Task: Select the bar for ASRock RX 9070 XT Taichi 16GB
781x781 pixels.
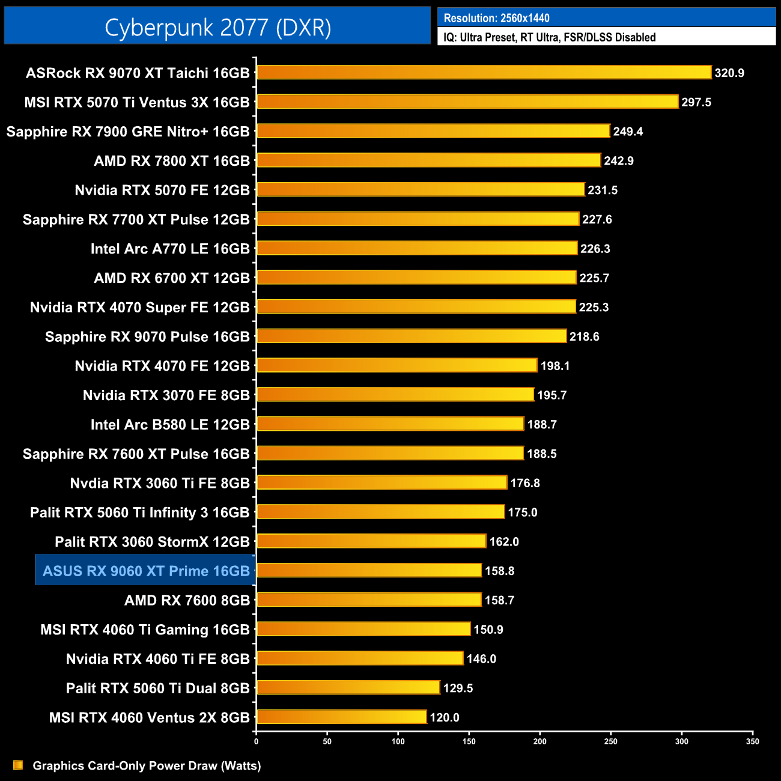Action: pos(484,73)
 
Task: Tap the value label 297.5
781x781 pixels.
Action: pos(696,102)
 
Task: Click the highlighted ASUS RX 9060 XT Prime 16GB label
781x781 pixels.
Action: pos(146,571)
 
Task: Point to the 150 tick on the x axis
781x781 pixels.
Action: pos(469,741)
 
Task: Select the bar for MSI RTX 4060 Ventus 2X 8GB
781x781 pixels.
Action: pos(341,717)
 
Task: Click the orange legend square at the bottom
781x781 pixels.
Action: pos(18,765)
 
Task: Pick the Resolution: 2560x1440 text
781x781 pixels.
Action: pos(496,18)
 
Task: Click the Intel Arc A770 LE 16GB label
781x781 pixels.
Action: pos(170,249)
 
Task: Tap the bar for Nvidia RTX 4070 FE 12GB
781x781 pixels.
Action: pos(397,365)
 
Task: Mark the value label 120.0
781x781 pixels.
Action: pos(445,717)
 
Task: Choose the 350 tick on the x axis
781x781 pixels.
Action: pos(752,741)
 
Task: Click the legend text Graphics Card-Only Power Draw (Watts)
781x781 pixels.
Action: pos(147,765)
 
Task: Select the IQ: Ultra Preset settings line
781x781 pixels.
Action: pos(549,37)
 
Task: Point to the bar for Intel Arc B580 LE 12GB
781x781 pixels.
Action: pos(390,424)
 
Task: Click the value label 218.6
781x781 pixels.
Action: pos(584,336)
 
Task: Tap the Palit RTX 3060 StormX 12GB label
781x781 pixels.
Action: pos(152,542)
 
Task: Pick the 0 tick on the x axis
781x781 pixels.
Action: pos(257,741)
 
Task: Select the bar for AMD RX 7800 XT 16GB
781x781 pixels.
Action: pos(428,160)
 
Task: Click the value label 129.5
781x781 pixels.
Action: pos(458,688)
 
